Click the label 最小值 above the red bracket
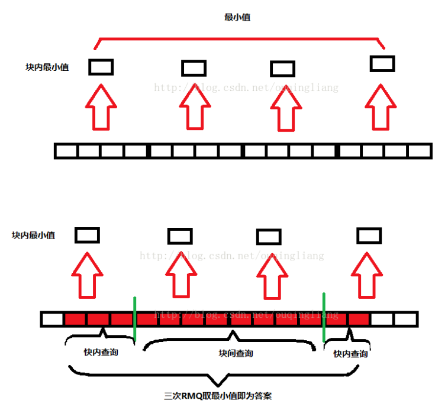(237, 18)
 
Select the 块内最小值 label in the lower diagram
(34, 235)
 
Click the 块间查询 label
(232, 353)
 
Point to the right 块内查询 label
(350, 354)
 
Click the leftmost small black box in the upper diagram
(101, 67)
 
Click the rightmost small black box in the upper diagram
(382, 63)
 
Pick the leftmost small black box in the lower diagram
(87, 236)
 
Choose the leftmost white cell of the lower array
(52, 320)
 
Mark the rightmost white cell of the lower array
(405, 320)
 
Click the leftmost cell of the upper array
(66, 151)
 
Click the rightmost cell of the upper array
(420, 151)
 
